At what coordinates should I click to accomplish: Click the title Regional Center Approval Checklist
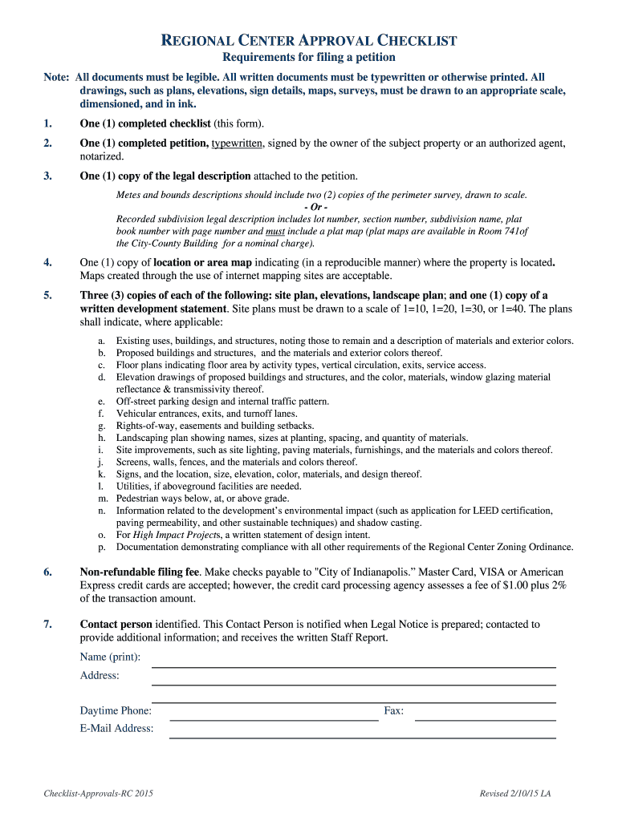click(x=309, y=40)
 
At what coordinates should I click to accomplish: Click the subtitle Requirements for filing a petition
click(x=309, y=58)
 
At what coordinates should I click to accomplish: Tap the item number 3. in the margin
click(x=48, y=176)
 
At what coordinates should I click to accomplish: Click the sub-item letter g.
click(x=101, y=426)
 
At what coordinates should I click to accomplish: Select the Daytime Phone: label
click(x=116, y=711)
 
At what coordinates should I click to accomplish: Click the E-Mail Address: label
click(x=116, y=729)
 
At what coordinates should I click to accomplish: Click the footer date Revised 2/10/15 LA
click(x=514, y=794)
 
